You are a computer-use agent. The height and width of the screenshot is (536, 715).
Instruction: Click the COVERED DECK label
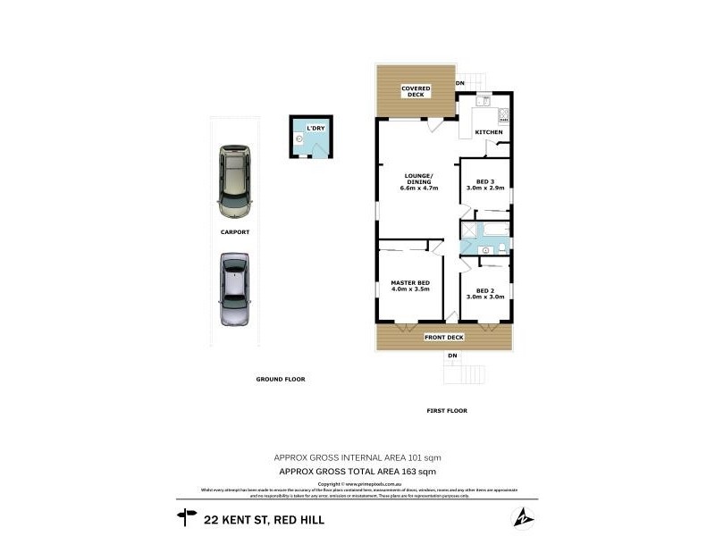click(416, 91)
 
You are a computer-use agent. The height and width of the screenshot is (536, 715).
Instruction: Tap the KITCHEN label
click(488, 132)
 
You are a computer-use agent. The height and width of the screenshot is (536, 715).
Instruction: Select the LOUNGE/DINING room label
click(418, 181)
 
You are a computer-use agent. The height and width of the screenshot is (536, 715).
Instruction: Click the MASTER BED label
click(410, 287)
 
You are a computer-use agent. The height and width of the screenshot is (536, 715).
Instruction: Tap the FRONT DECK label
click(443, 338)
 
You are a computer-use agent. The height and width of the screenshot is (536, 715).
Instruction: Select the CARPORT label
click(234, 231)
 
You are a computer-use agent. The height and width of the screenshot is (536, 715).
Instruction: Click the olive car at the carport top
click(234, 180)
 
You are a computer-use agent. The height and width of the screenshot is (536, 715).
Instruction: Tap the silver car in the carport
click(234, 289)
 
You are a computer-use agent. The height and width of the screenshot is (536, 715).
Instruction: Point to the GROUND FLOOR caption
click(281, 379)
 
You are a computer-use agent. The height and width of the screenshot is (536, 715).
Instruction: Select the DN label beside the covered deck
click(460, 84)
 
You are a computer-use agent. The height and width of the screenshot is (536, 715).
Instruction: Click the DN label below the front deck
click(452, 356)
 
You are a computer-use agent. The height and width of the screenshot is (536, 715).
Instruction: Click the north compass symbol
click(522, 517)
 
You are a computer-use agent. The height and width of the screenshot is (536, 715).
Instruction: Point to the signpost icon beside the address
click(187, 515)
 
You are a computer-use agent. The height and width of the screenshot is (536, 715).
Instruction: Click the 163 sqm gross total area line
click(357, 471)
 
